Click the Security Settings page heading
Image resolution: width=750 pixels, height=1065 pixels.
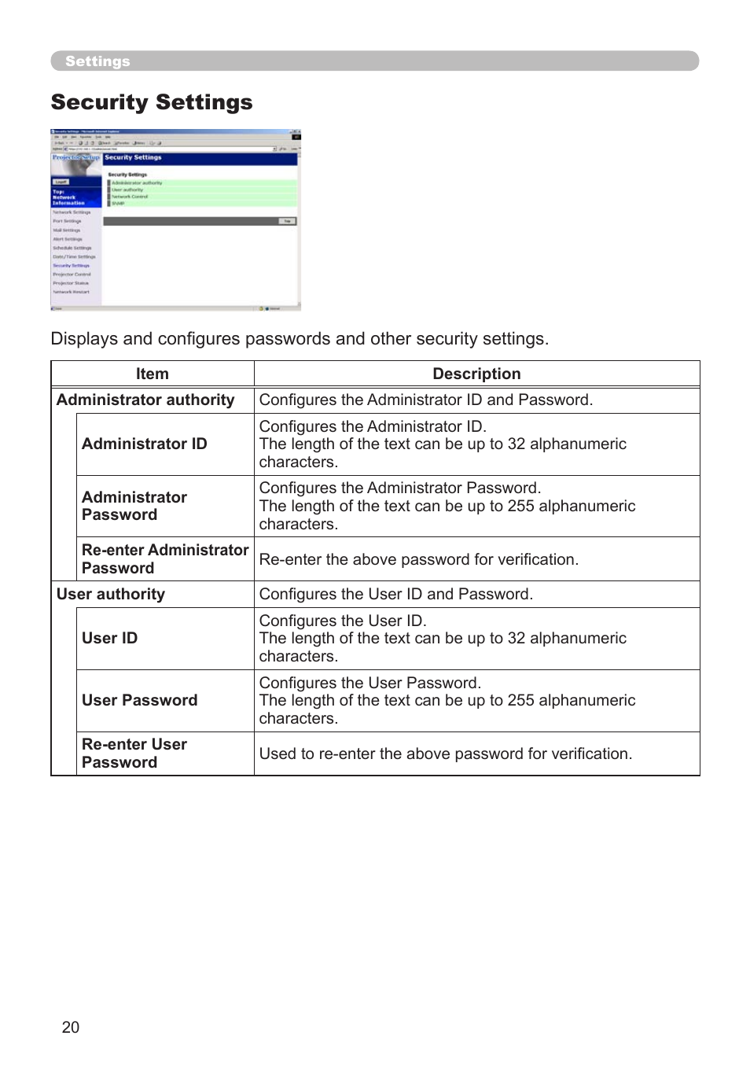(x=152, y=102)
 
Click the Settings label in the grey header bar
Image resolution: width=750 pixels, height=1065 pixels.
(x=97, y=61)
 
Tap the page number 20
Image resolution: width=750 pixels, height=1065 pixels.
(x=71, y=1027)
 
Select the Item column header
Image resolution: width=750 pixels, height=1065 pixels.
(x=152, y=374)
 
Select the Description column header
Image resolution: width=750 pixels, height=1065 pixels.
(x=476, y=374)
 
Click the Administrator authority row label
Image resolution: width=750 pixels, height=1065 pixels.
(x=145, y=400)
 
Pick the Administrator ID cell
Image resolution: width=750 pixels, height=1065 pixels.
(x=145, y=444)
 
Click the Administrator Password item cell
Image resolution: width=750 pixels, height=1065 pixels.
(x=134, y=506)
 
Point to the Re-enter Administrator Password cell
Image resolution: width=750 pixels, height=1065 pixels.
(x=164, y=558)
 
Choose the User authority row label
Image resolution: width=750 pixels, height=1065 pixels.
(x=111, y=594)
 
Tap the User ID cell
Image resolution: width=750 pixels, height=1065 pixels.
(x=110, y=638)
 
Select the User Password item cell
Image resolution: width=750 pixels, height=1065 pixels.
(x=140, y=700)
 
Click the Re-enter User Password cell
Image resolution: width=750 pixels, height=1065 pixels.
(x=134, y=753)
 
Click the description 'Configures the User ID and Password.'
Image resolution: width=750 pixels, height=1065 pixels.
(x=396, y=594)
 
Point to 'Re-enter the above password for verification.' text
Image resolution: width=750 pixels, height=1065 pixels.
(x=418, y=559)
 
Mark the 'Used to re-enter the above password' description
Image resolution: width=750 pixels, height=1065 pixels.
(x=445, y=754)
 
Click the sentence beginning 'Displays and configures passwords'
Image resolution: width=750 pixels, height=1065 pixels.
(x=300, y=339)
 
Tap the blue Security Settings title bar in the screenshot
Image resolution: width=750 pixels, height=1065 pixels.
(x=200, y=158)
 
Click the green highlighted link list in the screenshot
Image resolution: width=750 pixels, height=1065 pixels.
(x=202, y=193)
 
